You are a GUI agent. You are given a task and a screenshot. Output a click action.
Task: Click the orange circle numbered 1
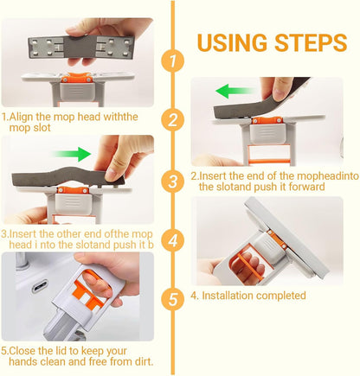(173, 61)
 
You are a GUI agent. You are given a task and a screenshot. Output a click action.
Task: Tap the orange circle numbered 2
(173, 119)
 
